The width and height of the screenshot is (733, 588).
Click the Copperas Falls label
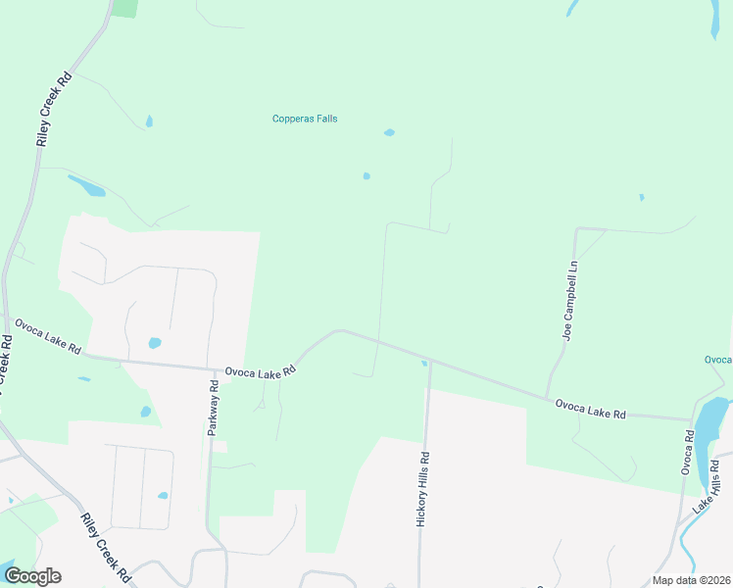click(x=305, y=119)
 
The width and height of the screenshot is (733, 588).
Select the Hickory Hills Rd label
click(x=423, y=490)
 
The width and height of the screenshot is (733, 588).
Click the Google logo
click(x=32, y=575)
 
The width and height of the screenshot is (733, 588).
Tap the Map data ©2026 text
click(x=691, y=580)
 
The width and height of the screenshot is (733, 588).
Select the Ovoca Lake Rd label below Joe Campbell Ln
click(x=590, y=409)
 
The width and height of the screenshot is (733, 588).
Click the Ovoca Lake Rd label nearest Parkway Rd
click(x=260, y=371)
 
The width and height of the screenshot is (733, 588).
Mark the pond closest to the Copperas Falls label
click(x=389, y=132)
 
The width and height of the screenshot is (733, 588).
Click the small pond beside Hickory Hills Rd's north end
click(x=423, y=364)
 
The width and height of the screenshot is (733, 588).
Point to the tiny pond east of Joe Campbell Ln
click(x=641, y=197)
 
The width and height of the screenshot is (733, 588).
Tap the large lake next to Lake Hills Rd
click(x=712, y=416)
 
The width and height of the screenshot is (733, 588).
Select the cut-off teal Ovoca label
click(x=717, y=360)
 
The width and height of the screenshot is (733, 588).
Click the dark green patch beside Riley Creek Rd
click(x=124, y=8)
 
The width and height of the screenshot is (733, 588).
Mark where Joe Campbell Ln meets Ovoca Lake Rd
click(x=547, y=397)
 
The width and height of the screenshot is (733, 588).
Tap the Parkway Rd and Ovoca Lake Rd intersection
click(x=218, y=369)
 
